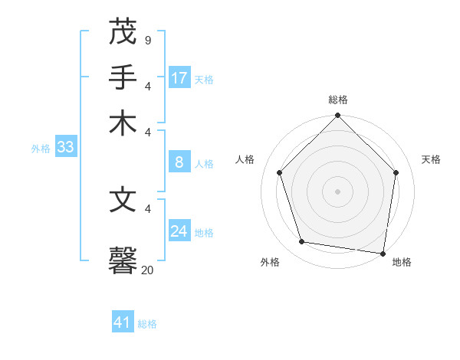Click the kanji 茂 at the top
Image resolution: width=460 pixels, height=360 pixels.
(x=123, y=33)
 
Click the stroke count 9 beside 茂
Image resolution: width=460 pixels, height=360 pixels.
(x=147, y=39)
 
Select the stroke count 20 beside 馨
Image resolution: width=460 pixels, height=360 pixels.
(x=147, y=269)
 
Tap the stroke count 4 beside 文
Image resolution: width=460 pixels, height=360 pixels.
(x=147, y=208)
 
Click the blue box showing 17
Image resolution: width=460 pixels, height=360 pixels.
(x=179, y=78)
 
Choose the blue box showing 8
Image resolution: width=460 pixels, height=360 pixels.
(x=179, y=162)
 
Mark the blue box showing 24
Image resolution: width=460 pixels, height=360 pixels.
(x=179, y=231)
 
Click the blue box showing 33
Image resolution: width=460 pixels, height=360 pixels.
(x=65, y=148)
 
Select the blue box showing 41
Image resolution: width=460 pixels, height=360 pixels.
(x=123, y=322)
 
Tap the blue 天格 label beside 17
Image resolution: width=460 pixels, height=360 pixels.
(x=204, y=80)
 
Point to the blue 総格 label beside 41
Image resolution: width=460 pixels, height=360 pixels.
(x=147, y=324)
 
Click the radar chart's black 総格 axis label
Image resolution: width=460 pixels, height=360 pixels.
(x=338, y=100)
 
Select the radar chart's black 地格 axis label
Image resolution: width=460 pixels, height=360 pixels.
(x=402, y=262)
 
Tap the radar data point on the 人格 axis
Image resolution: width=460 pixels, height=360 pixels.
(x=280, y=172)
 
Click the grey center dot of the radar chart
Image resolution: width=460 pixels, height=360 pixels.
(x=338, y=191)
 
